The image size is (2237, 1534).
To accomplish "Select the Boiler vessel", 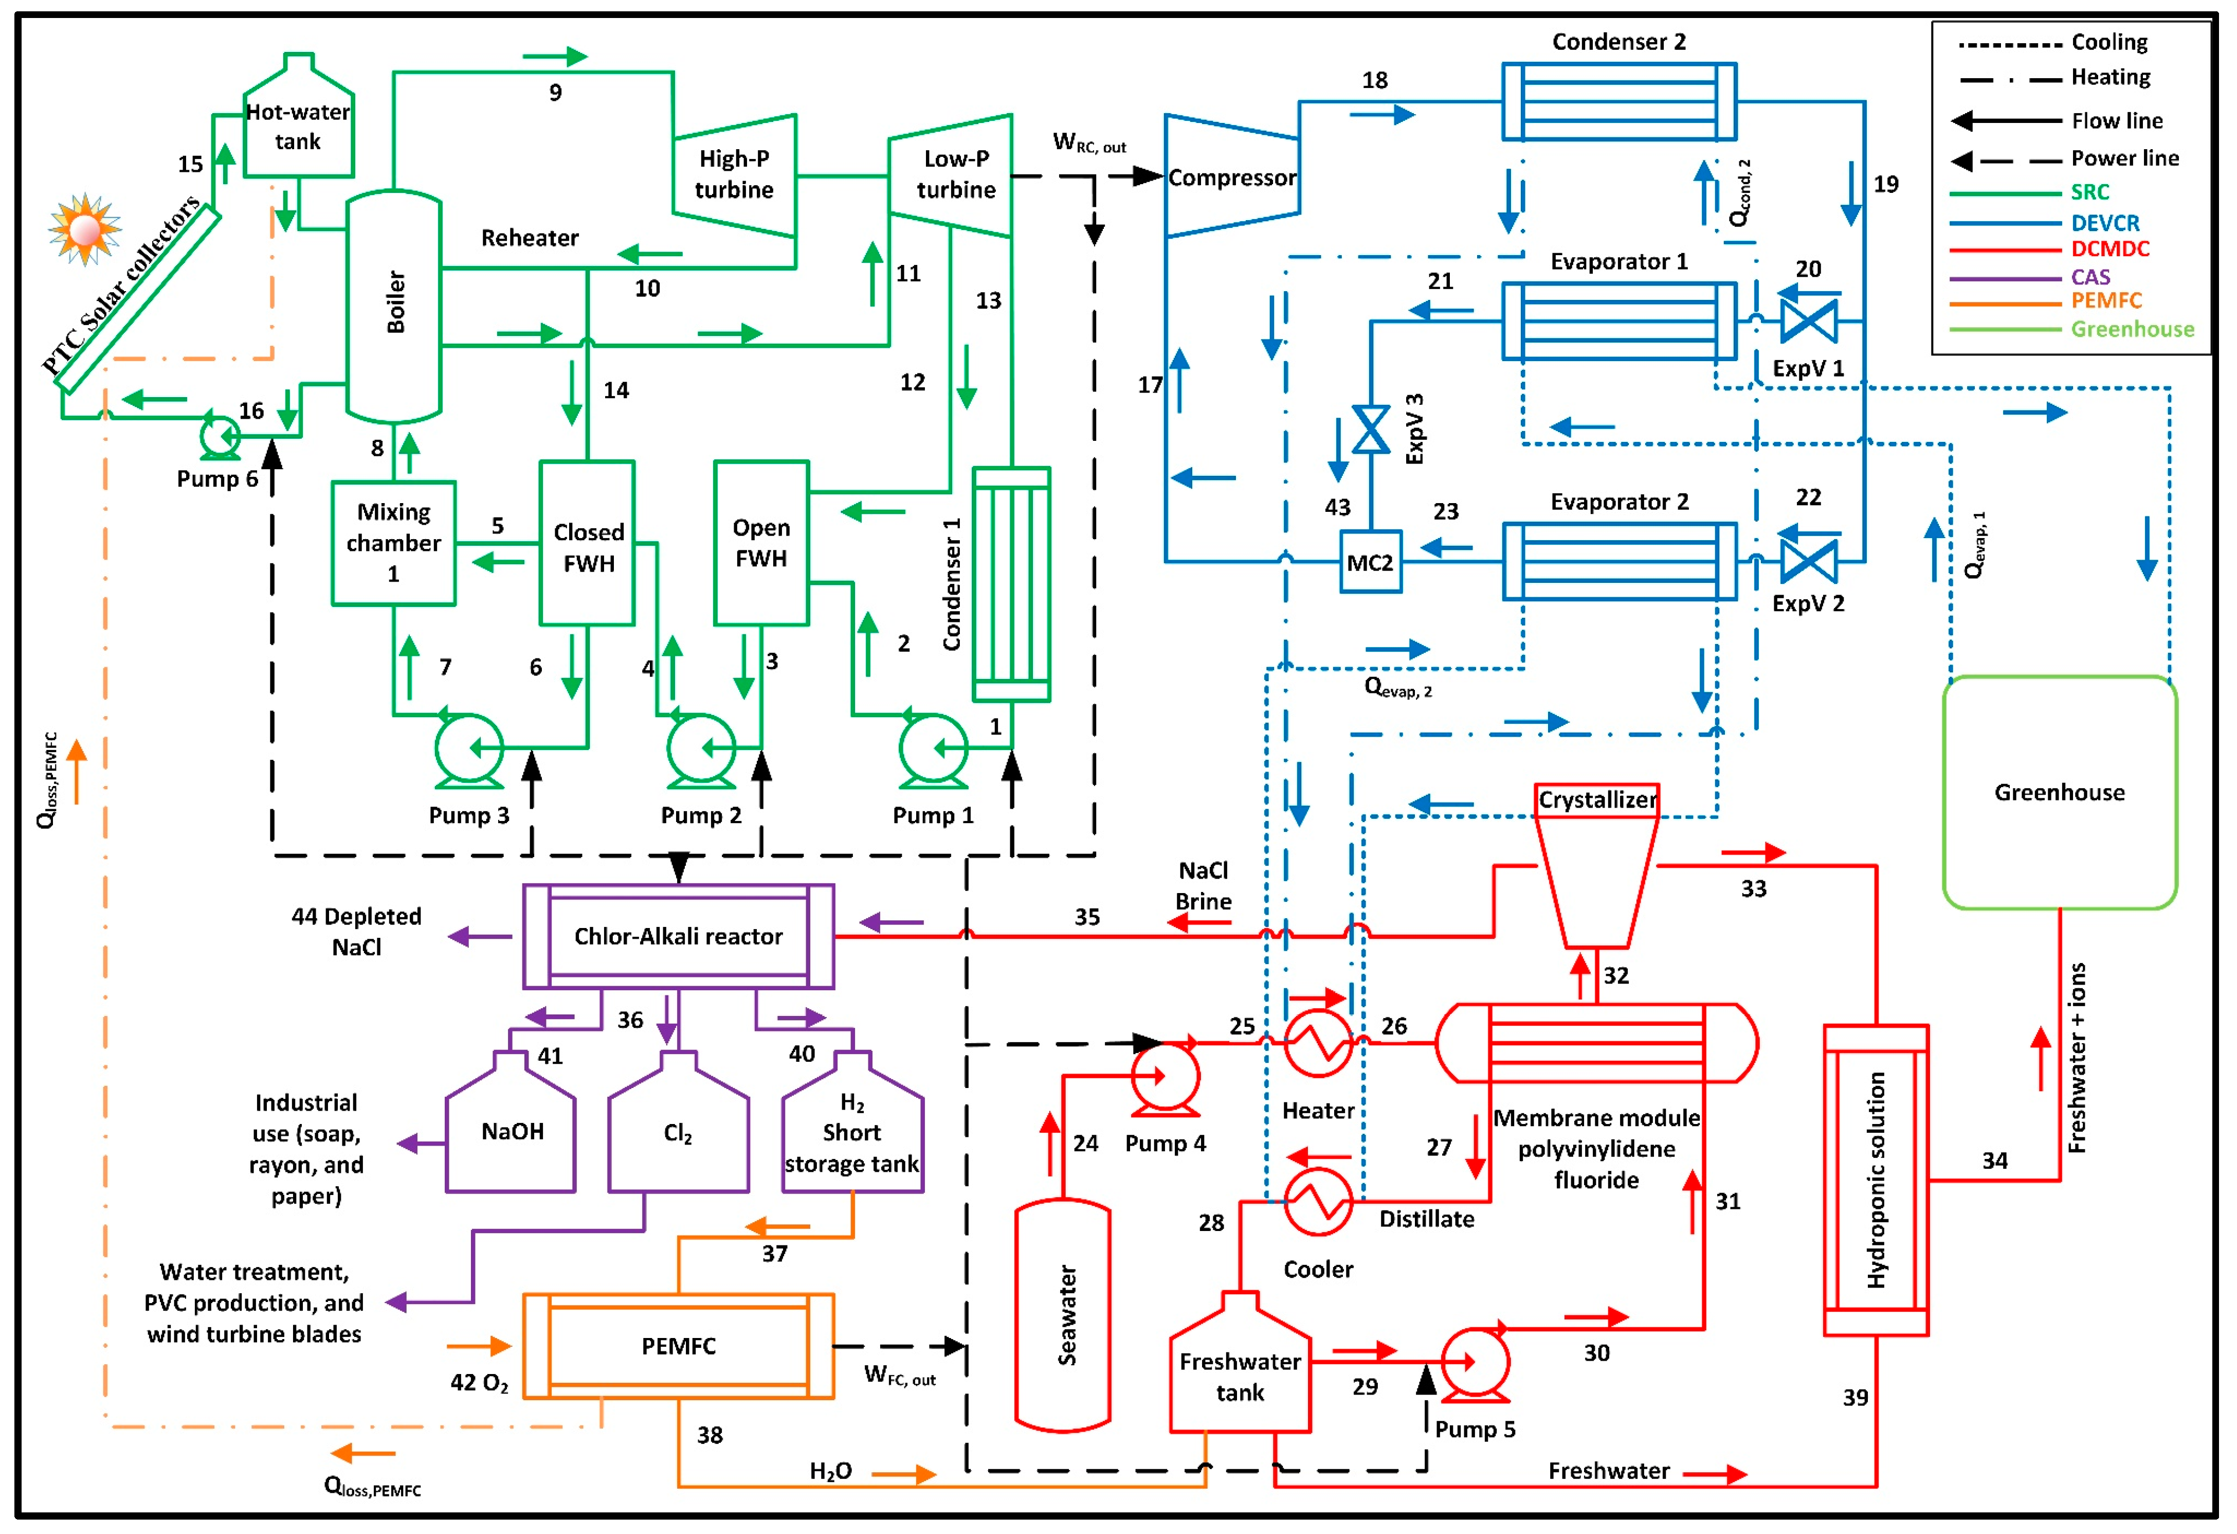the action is [x=394, y=306].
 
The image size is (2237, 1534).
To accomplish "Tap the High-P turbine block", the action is [x=734, y=175].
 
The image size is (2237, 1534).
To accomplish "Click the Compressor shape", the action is [x=1232, y=176].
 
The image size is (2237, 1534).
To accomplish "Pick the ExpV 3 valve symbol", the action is [x=1371, y=430].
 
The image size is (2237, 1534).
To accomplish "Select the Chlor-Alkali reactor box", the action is [x=679, y=936].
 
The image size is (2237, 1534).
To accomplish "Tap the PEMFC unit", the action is [x=679, y=1345].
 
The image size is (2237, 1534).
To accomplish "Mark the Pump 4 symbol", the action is [x=1165, y=1079].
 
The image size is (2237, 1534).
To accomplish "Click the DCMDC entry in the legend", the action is [x=2110, y=248].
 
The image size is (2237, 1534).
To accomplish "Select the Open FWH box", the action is [x=761, y=543].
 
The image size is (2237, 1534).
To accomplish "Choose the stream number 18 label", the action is [x=1375, y=80].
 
